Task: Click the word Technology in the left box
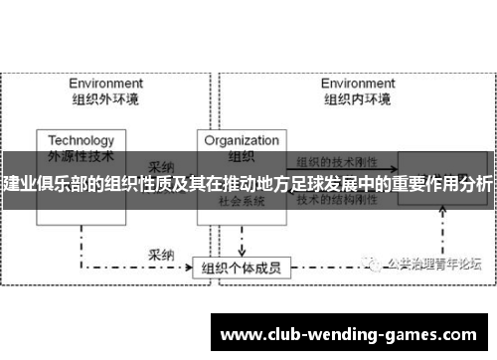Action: [81, 140]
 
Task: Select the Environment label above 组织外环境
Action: [103, 84]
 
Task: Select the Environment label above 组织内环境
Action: [359, 84]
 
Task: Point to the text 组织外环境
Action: [103, 98]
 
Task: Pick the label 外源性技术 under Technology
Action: [81, 155]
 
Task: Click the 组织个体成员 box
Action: [241, 240]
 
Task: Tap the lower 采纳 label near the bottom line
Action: [162, 228]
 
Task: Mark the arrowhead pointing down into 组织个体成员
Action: [241, 225]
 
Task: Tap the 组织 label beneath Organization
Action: [242, 155]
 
